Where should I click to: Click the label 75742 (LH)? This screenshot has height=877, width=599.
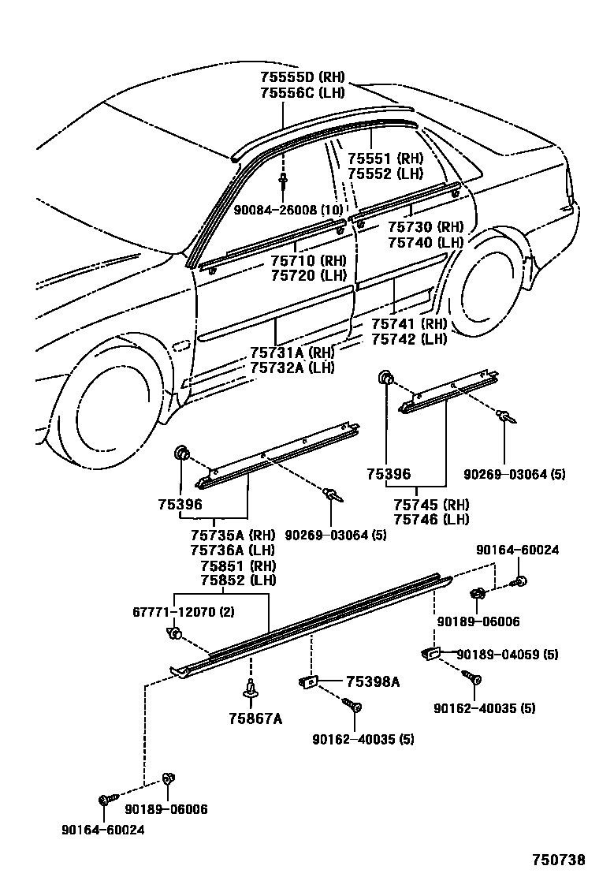pos(409,339)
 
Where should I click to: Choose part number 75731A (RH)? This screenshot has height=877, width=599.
pos(292,353)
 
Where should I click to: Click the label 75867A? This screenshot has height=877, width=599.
pos(255,718)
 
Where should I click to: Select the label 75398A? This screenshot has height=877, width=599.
pos(373,681)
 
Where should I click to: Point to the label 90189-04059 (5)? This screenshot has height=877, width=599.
pos(497,654)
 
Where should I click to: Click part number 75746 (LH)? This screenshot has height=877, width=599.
pos(430,519)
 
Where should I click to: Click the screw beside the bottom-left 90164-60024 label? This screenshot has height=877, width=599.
pos(104,800)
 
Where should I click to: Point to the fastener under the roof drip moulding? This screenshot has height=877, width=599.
pos(282,182)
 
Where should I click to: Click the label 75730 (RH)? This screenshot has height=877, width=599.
pos(425,227)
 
